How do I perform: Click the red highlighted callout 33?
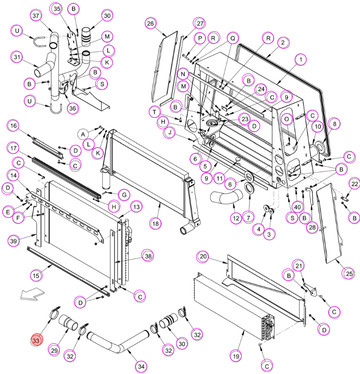[36, 339]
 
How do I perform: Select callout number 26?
[151, 23]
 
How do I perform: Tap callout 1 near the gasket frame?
[301, 60]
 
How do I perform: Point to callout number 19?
[236, 356]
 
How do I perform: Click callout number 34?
[141, 366]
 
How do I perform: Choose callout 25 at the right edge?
[349, 273]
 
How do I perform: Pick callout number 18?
[155, 224]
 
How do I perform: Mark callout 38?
[148, 256]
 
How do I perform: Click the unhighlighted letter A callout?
[83, 134]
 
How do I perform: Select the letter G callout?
[124, 195]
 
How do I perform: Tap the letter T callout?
[155, 112]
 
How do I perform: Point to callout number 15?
[36, 276]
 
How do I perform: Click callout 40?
[297, 207]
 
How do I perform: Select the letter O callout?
[287, 119]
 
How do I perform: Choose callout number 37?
[36, 16]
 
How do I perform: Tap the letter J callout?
[170, 133]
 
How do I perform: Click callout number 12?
[236, 218]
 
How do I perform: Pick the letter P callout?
[200, 38]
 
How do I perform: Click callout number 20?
[203, 257]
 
